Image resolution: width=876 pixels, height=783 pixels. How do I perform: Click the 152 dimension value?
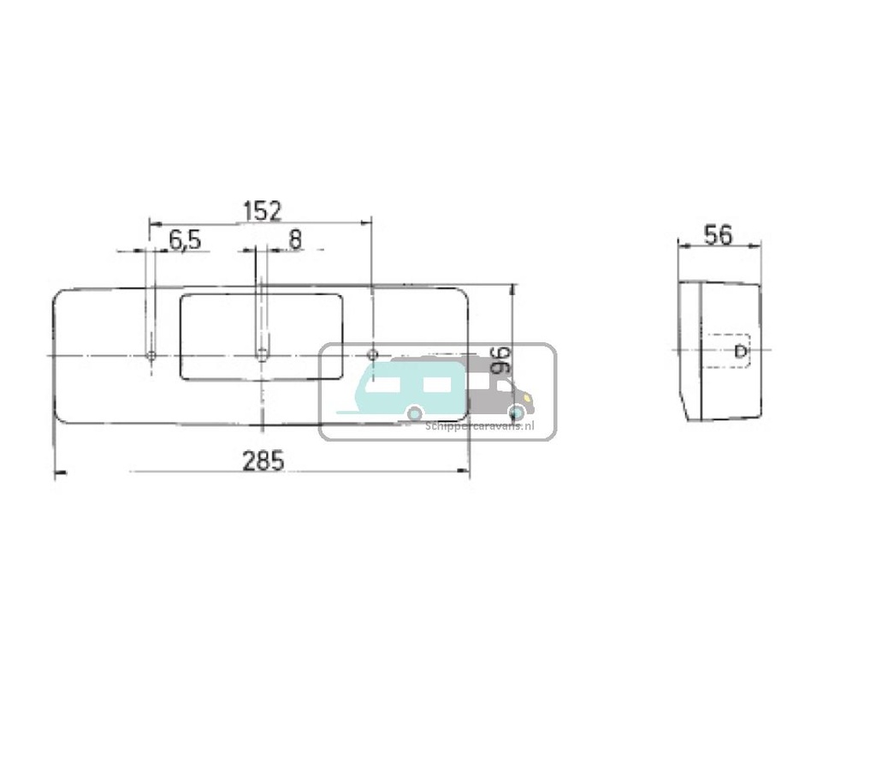262,211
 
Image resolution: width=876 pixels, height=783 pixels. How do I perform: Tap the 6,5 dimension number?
184,240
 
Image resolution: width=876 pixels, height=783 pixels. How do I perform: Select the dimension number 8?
294,240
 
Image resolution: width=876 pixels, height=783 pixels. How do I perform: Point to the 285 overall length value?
262,461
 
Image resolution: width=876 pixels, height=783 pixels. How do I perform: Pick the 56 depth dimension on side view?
718,235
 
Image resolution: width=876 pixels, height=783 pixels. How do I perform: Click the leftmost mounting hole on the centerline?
151,355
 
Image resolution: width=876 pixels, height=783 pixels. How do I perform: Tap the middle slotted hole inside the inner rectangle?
262,353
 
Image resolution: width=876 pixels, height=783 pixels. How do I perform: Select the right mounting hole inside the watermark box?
372,354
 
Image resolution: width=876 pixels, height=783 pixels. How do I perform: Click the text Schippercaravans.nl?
480,425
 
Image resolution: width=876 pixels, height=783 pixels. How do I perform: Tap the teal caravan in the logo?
402,389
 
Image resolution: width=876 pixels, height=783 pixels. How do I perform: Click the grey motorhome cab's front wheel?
514,414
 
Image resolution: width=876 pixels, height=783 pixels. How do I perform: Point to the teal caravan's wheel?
414,413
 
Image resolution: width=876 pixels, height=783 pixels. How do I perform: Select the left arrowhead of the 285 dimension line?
59,472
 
